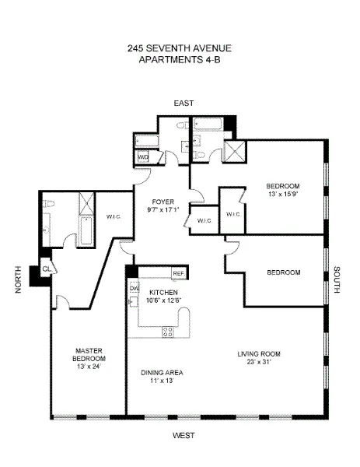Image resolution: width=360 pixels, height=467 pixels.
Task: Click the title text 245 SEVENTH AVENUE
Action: (180, 48)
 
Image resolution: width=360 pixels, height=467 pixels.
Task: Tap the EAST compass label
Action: (183, 103)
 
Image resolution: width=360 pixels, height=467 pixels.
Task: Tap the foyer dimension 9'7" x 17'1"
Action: (162, 209)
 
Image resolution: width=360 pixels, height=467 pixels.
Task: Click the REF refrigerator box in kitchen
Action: (178, 274)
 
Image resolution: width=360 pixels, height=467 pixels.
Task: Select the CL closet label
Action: (46, 269)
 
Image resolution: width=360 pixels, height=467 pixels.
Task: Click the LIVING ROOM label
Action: (259, 354)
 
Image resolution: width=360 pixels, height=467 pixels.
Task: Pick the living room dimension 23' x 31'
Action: (259, 363)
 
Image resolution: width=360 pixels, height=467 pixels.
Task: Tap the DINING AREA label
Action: (162, 372)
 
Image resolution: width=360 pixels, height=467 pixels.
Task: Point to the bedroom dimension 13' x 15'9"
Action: (281, 195)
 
